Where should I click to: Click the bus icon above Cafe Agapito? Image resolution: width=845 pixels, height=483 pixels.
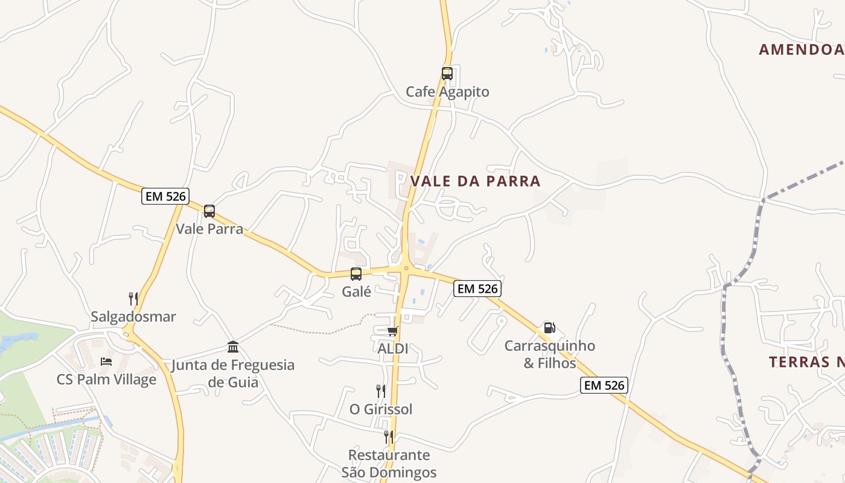(x=447, y=74)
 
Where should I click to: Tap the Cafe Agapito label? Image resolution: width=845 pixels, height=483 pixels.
(x=447, y=92)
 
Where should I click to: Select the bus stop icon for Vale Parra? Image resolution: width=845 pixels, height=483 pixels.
(x=209, y=211)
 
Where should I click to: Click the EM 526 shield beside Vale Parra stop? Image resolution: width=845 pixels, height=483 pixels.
(x=165, y=196)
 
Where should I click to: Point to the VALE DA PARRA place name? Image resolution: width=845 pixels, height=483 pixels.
(x=475, y=181)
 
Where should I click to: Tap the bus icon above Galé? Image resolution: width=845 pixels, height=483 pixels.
(x=356, y=274)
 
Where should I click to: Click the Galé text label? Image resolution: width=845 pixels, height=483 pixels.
(x=356, y=292)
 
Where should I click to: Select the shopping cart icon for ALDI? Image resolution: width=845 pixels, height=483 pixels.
(x=393, y=331)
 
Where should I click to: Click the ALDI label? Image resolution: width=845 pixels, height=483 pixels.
(x=393, y=348)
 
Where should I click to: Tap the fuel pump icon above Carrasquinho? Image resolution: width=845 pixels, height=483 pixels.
(x=549, y=328)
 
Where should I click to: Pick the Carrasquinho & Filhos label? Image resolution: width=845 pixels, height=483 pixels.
(x=549, y=354)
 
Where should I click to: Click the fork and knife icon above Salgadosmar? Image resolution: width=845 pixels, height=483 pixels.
(x=133, y=298)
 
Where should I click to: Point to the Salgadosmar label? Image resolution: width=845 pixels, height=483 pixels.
(x=133, y=316)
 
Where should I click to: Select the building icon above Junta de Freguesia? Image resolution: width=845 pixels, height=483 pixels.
(x=233, y=347)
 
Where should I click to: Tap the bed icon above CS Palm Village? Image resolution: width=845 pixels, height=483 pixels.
(x=106, y=362)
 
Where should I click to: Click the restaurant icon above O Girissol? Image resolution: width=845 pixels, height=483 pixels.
(x=381, y=391)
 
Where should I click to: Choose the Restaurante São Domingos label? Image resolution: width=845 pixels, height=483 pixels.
(x=389, y=463)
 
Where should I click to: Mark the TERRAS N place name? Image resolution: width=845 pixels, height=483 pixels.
(x=806, y=362)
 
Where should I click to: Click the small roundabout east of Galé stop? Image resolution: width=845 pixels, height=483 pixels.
(x=406, y=269)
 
